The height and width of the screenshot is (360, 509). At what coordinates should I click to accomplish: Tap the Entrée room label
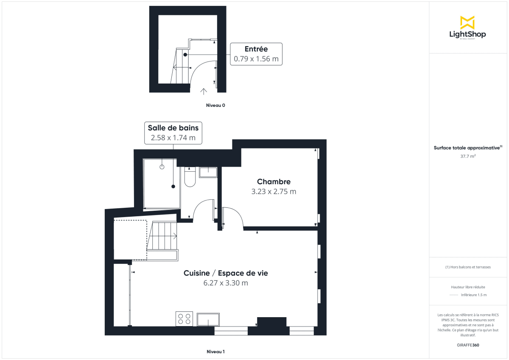pos(256,49)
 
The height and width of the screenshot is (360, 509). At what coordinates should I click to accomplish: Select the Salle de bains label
pos(173,128)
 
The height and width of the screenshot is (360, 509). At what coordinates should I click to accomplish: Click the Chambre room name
pos(274,182)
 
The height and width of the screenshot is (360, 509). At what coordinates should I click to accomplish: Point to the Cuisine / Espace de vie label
pos(226,273)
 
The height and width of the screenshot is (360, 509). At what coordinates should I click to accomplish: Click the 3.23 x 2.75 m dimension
pos(274,191)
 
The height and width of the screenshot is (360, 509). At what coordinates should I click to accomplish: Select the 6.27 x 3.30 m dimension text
pos(226,283)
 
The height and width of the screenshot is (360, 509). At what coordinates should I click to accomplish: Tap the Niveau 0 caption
pos(215,105)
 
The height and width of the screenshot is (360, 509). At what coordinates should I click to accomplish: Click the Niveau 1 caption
pos(215,352)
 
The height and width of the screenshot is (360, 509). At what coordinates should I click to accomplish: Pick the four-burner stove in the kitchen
pos(184,318)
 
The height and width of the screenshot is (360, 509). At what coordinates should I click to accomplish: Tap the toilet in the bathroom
pos(190,177)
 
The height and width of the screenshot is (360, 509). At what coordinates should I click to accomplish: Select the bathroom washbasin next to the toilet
pos(208,172)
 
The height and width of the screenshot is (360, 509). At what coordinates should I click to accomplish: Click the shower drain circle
pos(162,167)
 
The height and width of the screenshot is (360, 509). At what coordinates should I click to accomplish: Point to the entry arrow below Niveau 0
pos(204,90)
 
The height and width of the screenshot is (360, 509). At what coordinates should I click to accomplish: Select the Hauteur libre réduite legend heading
pos(468,287)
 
